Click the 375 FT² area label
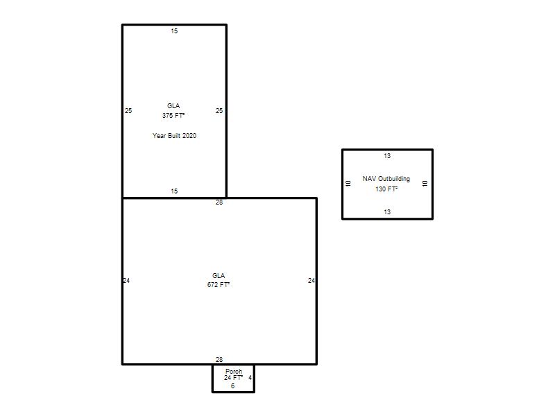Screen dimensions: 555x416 pyautogui.click(x=173, y=116)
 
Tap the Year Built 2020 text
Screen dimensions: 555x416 pyautogui.click(x=174, y=135)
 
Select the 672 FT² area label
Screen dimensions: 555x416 pyautogui.click(x=219, y=285)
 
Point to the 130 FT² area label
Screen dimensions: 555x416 pyautogui.click(x=386, y=189)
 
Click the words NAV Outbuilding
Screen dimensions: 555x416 pyautogui.click(x=386, y=179)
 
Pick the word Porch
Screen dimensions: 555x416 pyautogui.click(x=234, y=371)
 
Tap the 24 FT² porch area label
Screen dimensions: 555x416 pyautogui.click(x=233, y=378)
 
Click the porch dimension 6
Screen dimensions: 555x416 pyautogui.click(x=232, y=386)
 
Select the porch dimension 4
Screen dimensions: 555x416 pyautogui.click(x=250, y=378)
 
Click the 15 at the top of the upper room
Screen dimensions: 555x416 pyautogui.click(x=174, y=31)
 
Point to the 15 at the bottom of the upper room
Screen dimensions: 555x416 pyautogui.click(x=174, y=191)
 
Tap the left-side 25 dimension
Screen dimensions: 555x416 pyautogui.click(x=128, y=111)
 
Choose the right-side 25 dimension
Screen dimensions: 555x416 pyautogui.click(x=219, y=111)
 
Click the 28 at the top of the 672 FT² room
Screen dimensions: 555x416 pyautogui.click(x=219, y=202)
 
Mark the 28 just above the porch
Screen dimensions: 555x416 pyautogui.click(x=219, y=359)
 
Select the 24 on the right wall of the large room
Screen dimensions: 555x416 pyautogui.click(x=311, y=281)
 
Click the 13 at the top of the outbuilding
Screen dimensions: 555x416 pyautogui.click(x=387, y=155)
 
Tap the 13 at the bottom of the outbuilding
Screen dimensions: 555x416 pyautogui.click(x=387, y=212)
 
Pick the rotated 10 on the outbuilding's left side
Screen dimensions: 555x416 pyautogui.click(x=348, y=184)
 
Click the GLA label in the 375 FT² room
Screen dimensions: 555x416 pyautogui.click(x=173, y=106)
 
